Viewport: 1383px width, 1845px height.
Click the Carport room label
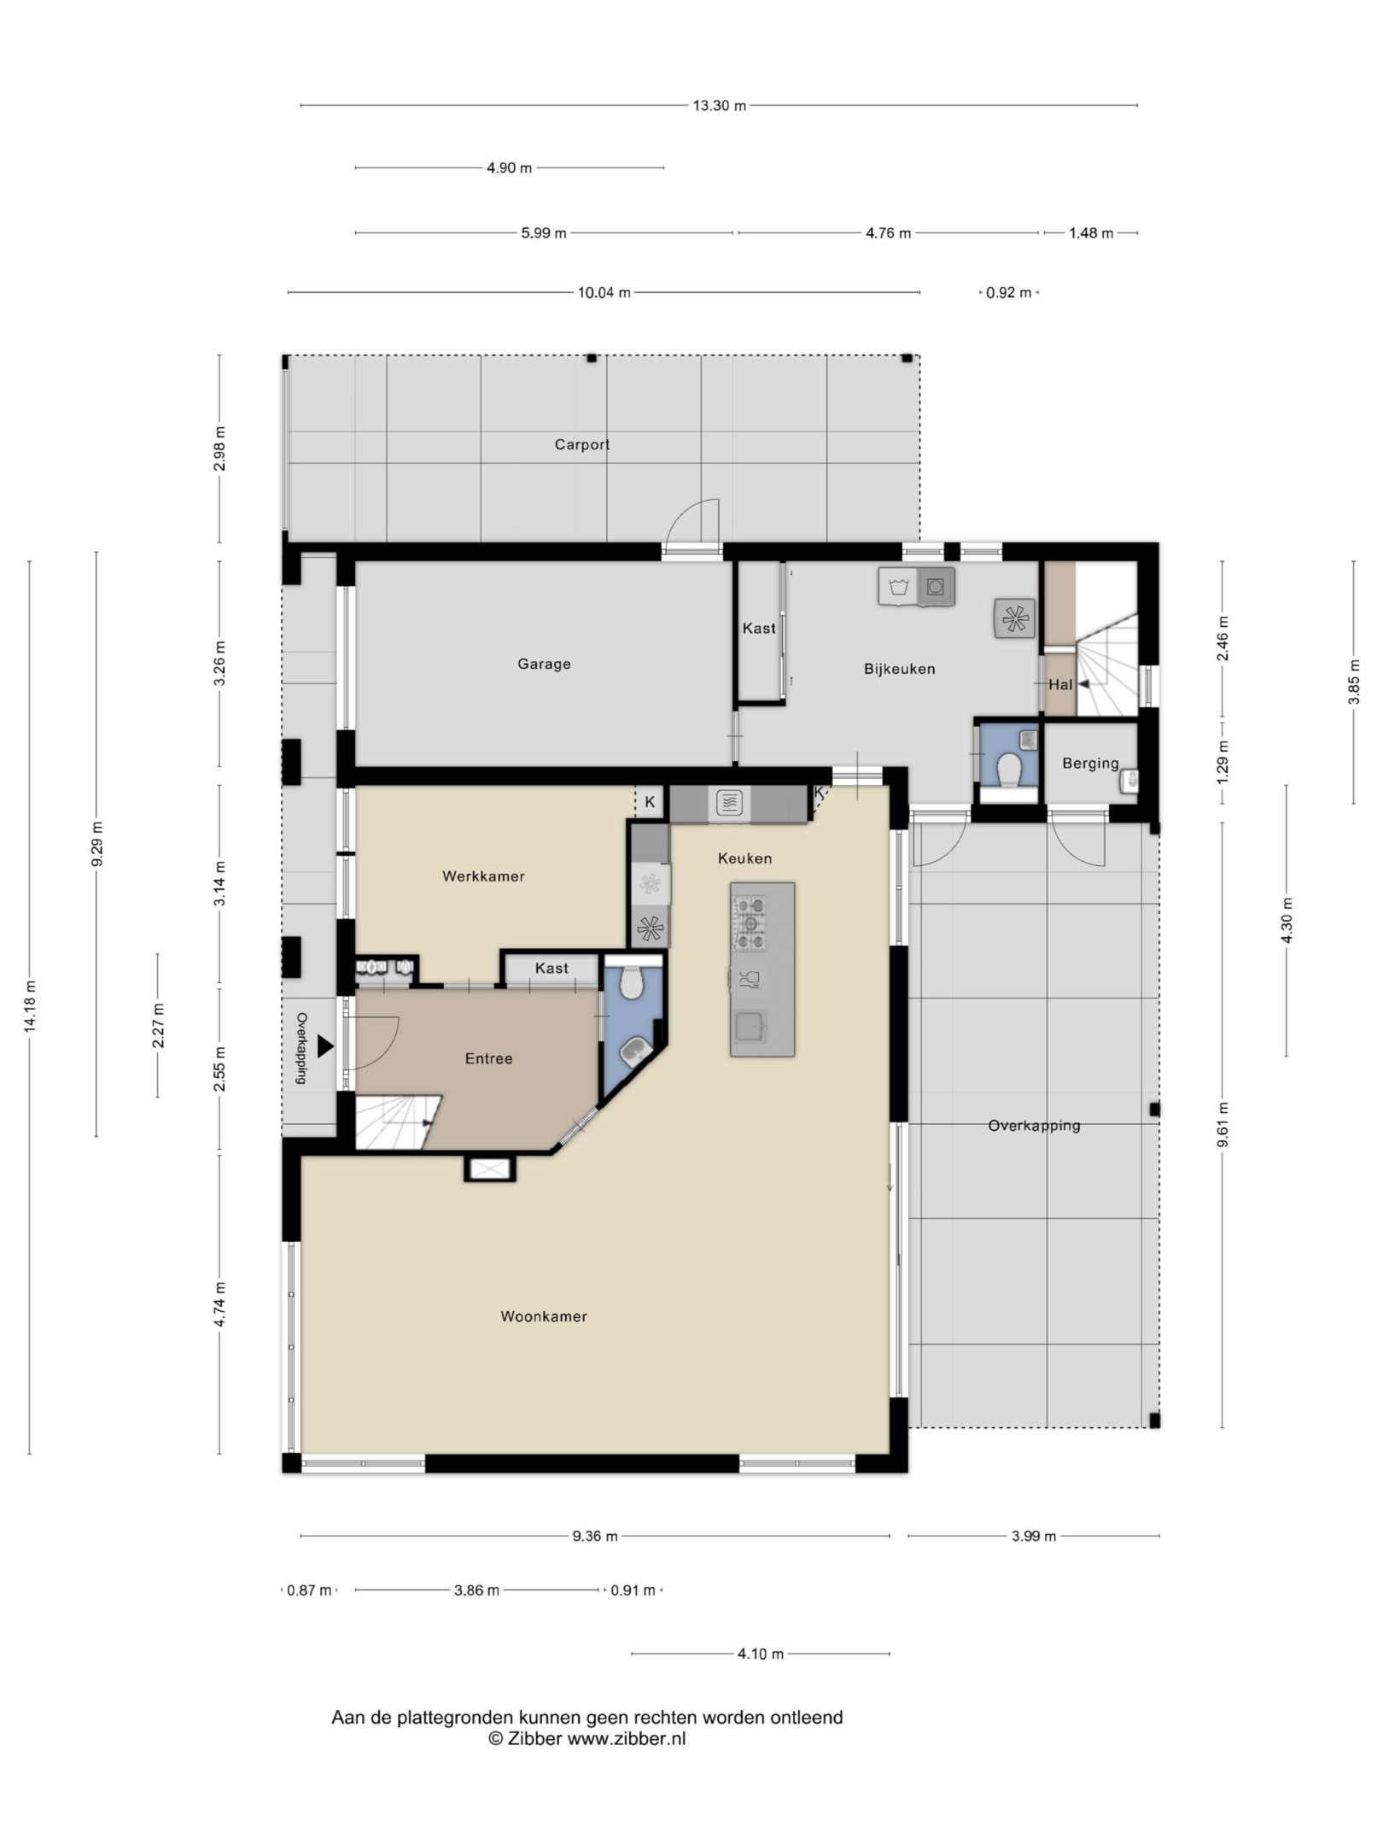pyautogui.click(x=582, y=444)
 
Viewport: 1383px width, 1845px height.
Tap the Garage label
pyautogui.click(x=544, y=664)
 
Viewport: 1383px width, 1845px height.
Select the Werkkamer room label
pyautogui.click(x=483, y=876)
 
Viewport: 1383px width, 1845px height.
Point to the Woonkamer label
pyautogui.click(x=544, y=1316)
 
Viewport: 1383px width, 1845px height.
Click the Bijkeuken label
pyautogui.click(x=899, y=669)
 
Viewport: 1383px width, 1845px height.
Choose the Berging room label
pyautogui.click(x=1090, y=763)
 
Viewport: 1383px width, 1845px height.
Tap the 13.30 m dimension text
pyautogui.click(x=719, y=106)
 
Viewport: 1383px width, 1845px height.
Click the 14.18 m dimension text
pyautogui.click(x=30, y=1005)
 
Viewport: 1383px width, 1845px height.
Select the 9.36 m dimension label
pyautogui.click(x=595, y=1536)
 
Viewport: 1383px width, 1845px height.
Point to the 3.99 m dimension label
pyautogui.click(x=1034, y=1536)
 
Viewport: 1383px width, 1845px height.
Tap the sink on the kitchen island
pyautogui.click(x=750, y=1028)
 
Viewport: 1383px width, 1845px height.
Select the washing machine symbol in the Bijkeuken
pyautogui.click(x=897, y=587)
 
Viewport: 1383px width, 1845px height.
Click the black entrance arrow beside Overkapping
pyautogui.click(x=325, y=1045)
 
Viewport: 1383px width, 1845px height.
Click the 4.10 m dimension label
pyautogui.click(x=760, y=1654)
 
